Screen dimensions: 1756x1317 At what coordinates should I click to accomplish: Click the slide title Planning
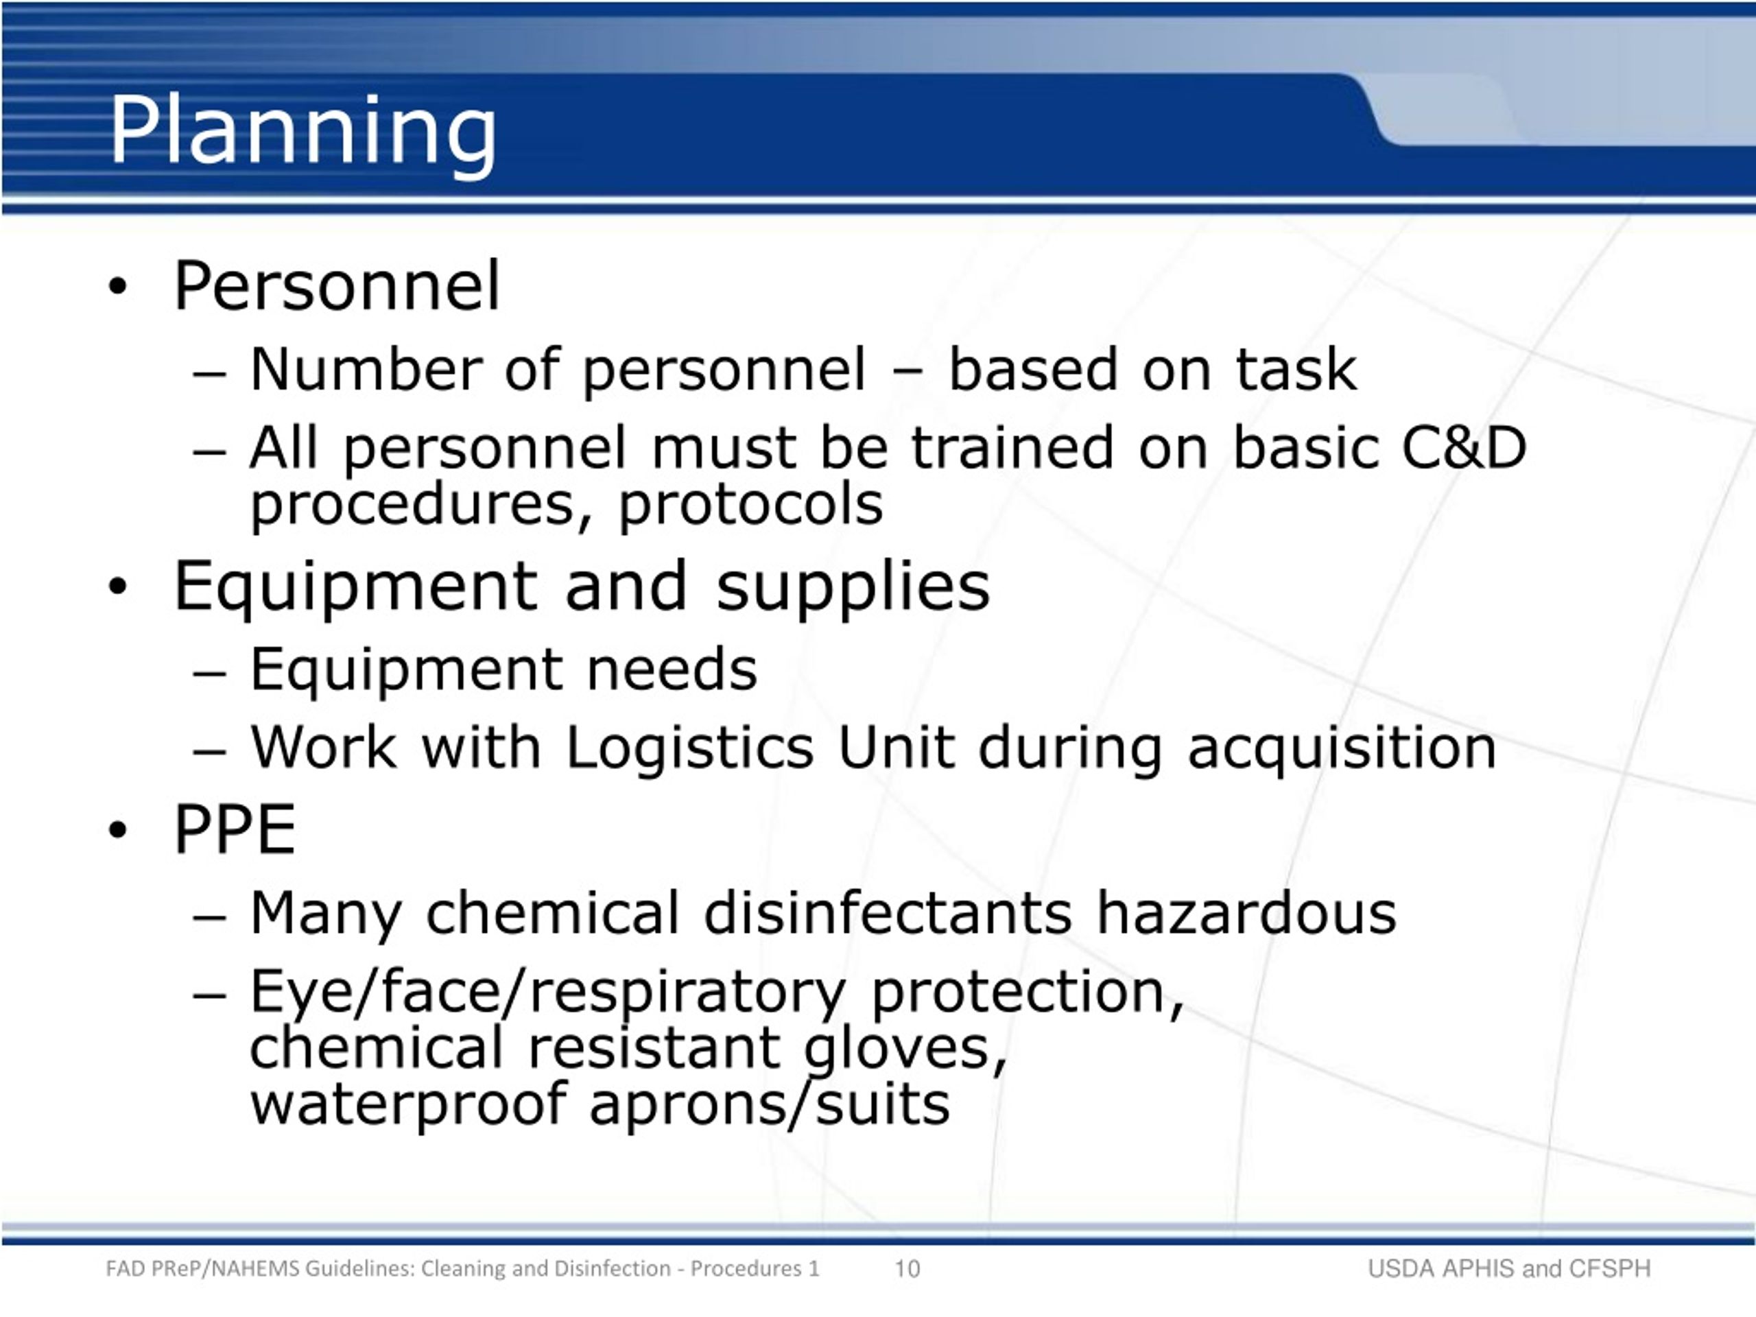pos(302,131)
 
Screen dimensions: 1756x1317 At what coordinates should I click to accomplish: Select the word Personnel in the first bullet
pos(337,286)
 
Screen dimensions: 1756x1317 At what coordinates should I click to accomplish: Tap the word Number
pos(365,369)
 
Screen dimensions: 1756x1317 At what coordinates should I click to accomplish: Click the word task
pos(1296,369)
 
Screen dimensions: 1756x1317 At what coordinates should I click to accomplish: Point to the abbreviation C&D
pos(1464,447)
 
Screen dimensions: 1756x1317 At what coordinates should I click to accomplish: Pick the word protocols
pos(750,505)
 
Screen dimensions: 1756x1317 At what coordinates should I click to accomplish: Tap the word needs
pos(672,669)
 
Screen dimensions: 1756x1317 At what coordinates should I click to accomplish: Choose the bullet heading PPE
pos(234,829)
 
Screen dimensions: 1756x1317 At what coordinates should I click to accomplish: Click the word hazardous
pos(1246,913)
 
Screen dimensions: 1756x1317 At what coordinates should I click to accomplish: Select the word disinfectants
pos(888,913)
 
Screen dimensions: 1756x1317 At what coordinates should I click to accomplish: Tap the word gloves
pos(905,1050)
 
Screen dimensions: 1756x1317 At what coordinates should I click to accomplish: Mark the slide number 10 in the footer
pos(907,1268)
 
